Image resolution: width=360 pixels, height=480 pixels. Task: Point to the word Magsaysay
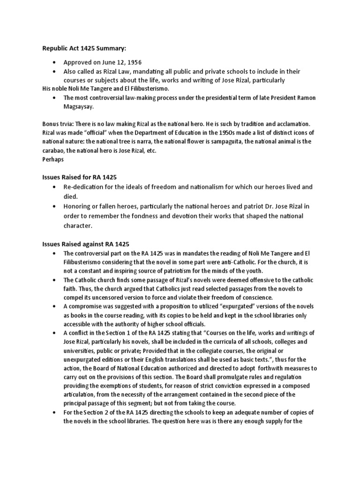click(82, 106)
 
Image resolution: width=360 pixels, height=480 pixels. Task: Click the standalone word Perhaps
click(53, 159)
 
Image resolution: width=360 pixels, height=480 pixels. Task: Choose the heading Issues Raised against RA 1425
click(86, 244)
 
